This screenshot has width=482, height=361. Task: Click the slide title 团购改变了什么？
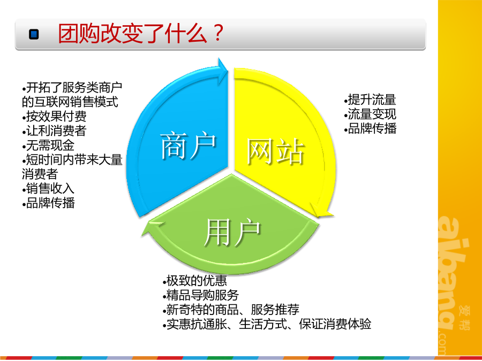click(140, 33)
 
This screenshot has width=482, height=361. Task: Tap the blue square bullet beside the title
click(34, 34)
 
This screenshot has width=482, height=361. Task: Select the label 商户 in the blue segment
click(188, 145)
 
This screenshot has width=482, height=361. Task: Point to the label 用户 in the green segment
click(232, 233)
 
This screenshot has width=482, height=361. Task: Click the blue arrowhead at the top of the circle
click(223, 71)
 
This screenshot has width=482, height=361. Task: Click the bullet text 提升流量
click(371, 100)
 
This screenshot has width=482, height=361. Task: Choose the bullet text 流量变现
click(371, 114)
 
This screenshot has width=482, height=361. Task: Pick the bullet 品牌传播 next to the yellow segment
click(371, 128)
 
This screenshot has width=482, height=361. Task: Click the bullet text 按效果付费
click(55, 117)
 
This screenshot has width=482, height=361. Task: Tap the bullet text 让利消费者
click(55, 131)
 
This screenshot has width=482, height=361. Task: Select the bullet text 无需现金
click(48, 145)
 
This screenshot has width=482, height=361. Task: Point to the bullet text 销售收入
click(48, 188)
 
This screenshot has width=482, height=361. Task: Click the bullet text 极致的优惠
click(195, 281)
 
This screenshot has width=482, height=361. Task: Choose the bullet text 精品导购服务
click(201, 295)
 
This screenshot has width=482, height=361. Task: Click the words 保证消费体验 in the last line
click(335, 324)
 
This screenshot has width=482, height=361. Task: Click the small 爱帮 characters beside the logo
click(464, 317)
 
